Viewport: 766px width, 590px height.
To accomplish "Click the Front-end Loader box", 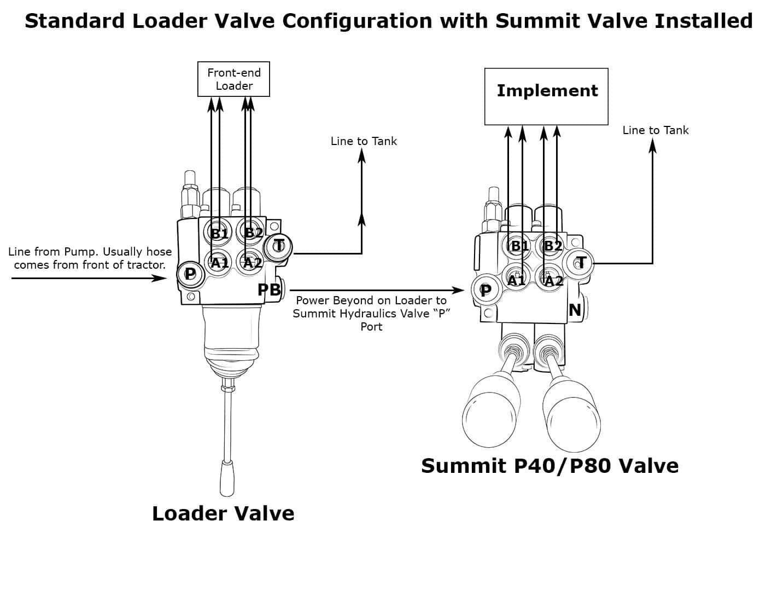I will (x=233, y=79).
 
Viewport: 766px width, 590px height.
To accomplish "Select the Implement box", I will (x=546, y=96).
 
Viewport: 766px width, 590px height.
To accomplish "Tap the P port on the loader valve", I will (x=190, y=273).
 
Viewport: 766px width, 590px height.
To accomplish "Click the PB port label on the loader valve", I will (x=269, y=290).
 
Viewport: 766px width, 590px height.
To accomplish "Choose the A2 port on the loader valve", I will (x=252, y=262).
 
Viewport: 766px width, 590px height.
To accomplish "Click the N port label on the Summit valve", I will (x=575, y=310).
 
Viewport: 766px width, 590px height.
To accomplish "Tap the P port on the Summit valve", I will (x=485, y=291).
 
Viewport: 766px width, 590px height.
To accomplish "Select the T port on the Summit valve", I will (x=581, y=263).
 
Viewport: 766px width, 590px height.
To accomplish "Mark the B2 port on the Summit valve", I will (x=553, y=246).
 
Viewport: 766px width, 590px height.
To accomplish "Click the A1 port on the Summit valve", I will (x=516, y=280).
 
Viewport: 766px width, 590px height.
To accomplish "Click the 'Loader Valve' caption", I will (x=223, y=513).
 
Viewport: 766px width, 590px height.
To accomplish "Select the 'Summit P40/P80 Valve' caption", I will (x=549, y=466).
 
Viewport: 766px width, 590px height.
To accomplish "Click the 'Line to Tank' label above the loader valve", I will (x=364, y=141).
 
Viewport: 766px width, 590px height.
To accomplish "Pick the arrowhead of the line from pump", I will (x=160, y=278).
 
